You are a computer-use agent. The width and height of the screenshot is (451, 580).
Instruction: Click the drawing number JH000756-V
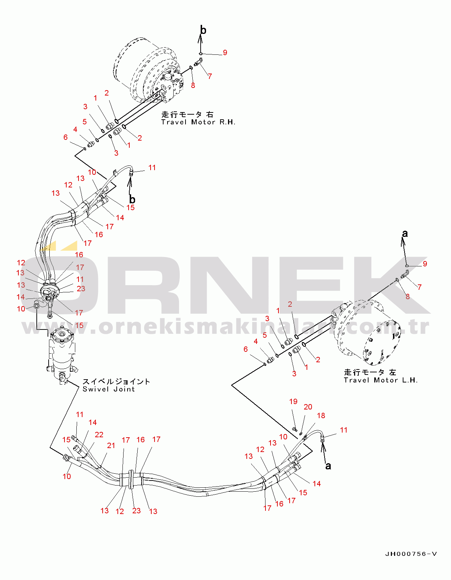point(411,554)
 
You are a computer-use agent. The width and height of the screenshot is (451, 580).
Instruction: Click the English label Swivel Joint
point(108,389)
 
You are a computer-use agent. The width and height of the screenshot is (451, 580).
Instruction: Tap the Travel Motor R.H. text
point(198,122)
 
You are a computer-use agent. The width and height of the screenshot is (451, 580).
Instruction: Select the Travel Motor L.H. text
point(380,380)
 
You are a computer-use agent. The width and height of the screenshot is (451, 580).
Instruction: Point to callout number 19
point(293,402)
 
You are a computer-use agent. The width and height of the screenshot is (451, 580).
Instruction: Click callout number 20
point(308,407)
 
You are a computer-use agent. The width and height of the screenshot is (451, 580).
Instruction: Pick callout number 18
point(321,416)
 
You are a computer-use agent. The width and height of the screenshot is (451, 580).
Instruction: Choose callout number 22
point(99,435)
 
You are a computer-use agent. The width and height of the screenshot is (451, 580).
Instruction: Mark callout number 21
point(111,446)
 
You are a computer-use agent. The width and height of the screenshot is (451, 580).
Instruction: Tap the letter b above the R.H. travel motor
point(203,30)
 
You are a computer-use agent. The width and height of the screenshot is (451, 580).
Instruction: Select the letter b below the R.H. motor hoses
point(132,199)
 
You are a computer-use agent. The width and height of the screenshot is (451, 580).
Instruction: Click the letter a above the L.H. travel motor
point(405,234)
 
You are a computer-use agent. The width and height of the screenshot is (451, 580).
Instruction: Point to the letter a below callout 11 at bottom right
point(328,466)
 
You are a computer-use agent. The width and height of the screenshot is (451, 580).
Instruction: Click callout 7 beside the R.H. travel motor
point(210,76)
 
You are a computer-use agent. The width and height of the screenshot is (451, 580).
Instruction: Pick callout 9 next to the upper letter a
point(425,264)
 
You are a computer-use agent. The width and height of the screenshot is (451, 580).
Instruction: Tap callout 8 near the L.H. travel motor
point(407,297)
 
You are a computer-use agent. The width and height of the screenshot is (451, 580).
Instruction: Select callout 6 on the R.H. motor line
point(66,137)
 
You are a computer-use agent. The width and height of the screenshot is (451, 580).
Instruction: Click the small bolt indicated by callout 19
point(294,429)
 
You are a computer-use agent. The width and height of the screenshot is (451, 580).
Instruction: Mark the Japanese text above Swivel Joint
point(116,381)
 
